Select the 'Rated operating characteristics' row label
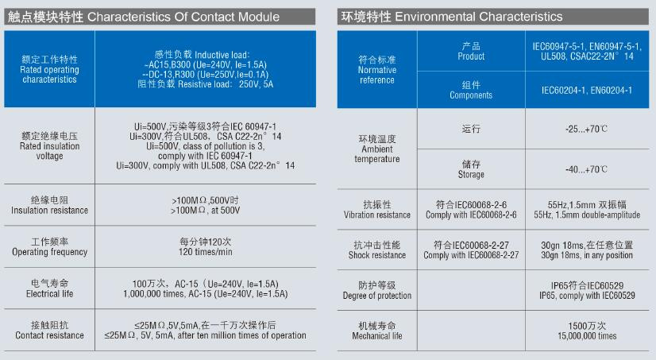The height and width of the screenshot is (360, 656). (49, 69)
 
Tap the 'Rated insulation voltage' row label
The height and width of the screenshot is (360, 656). (49, 145)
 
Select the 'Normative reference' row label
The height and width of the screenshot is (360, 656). (377, 70)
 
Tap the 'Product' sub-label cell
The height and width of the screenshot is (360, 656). (471, 51)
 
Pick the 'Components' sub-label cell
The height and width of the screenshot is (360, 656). (471, 90)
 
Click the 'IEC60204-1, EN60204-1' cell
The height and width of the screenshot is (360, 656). (587, 90)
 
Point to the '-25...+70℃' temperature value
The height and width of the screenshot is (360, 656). (587, 129)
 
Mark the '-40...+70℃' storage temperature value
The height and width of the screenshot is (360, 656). (587, 169)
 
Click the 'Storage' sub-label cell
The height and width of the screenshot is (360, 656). (471, 169)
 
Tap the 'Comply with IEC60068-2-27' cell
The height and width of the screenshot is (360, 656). (471, 255)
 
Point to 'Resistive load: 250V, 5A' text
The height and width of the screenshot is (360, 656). (206, 84)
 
